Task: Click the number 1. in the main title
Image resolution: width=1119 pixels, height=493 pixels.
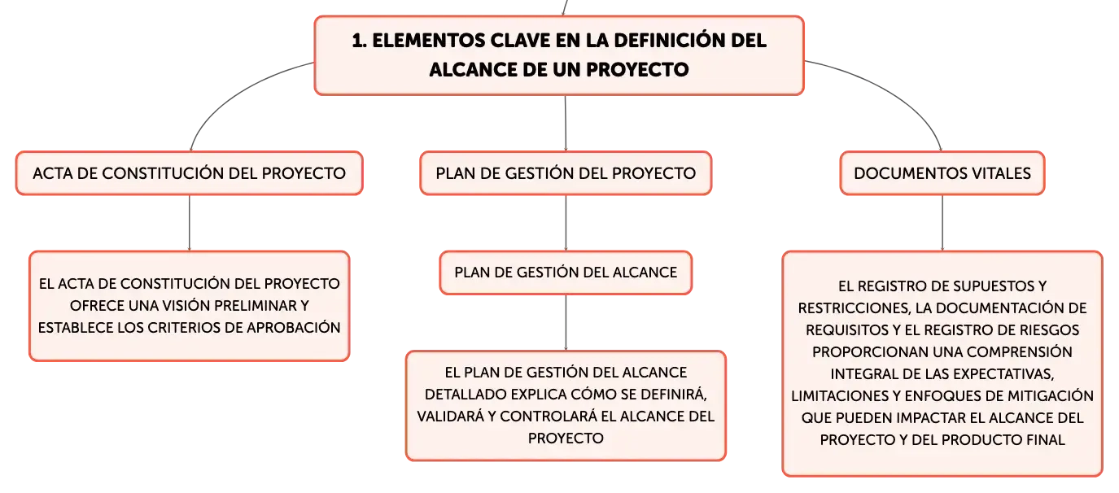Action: (x=359, y=41)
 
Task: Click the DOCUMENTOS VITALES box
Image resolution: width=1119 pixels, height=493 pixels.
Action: (x=942, y=172)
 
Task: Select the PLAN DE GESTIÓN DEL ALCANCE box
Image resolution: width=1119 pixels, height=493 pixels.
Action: (x=566, y=273)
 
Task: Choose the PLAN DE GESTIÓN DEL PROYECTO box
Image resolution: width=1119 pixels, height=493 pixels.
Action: (x=566, y=172)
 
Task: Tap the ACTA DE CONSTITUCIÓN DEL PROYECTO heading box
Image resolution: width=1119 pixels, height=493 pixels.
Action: (x=190, y=172)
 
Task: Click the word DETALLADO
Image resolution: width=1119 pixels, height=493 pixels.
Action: (x=466, y=394)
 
